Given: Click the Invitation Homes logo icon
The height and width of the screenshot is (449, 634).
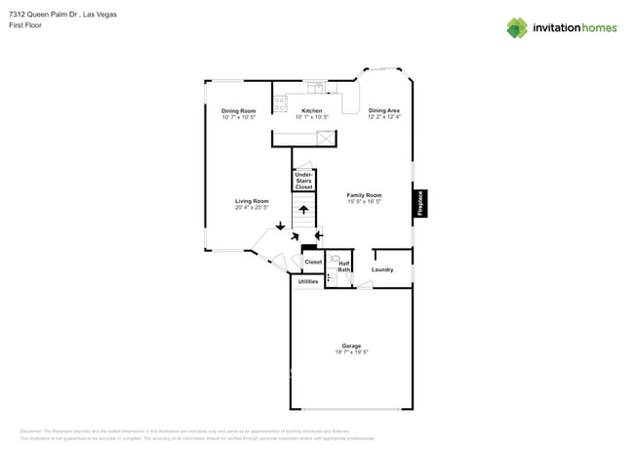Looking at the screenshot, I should point(516,27).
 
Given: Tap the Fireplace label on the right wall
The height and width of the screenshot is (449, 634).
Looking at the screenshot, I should point(421,202).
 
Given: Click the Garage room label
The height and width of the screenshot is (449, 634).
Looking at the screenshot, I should point(351,346).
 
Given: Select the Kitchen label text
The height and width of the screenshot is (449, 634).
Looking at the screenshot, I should point(311,111).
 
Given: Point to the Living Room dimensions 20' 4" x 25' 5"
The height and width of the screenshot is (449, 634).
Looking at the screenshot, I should point(251,207).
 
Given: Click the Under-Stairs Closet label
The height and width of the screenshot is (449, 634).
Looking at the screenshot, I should point(303,181).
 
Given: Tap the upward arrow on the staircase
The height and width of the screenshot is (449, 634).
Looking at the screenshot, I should point(303,208).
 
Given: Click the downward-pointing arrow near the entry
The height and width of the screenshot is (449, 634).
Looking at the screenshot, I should point(281,226).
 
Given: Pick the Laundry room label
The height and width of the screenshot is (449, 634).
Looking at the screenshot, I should point(382,269).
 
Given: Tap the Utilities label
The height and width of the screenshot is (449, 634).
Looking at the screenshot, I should point(307,281).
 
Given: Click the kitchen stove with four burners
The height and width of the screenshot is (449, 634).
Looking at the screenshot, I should point(281,101).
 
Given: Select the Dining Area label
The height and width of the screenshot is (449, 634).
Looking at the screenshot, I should point(383,111).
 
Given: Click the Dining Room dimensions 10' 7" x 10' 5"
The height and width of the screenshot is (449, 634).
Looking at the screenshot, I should point(238,117).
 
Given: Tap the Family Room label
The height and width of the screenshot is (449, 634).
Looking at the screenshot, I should point(364,195).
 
